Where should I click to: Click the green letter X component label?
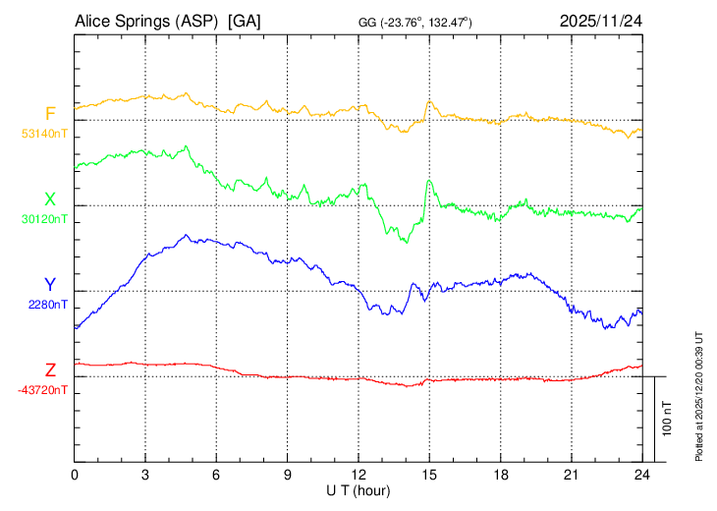[x=50, y=199]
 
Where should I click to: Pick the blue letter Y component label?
[x=50, y=285]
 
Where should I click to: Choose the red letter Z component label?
[x=50, y=370]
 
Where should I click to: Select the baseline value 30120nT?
[x=44, y=218]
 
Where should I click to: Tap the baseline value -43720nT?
[x=43, y=389]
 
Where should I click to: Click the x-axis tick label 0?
[x=75, y=476]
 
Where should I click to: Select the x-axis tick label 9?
[x=288, y=476]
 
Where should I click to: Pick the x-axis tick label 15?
[x=429, y=476]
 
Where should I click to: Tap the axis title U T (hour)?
[x=358, y=490]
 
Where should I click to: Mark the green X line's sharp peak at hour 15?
[x=428, y=181]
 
